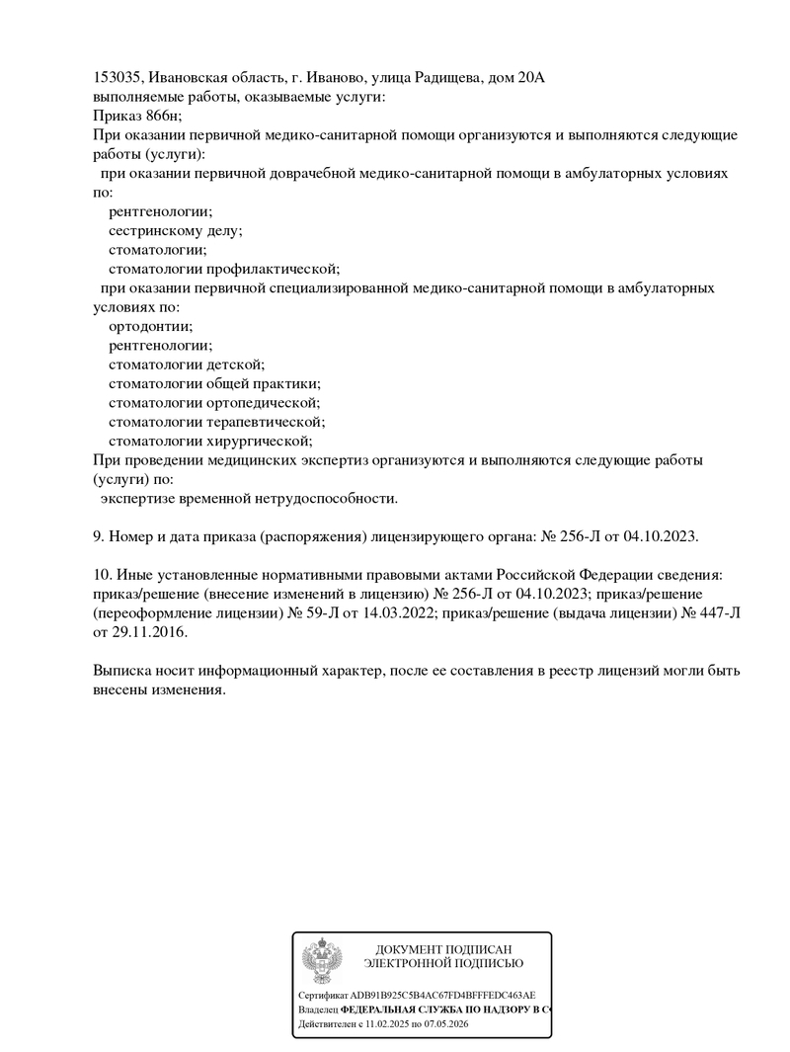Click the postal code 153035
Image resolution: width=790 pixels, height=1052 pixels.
(x=118, y=78)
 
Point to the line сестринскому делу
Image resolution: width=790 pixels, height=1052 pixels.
(x=175, y=230)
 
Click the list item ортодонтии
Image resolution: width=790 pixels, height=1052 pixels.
(x=150, y=326)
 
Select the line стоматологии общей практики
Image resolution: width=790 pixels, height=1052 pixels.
(x=214, y=383)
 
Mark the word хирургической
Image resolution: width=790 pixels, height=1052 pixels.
(x=261, y=441)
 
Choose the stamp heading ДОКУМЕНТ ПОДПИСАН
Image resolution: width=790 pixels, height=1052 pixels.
(x=443, y=949)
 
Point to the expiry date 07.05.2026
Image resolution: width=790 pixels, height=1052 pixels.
(x=445, y=1025)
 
